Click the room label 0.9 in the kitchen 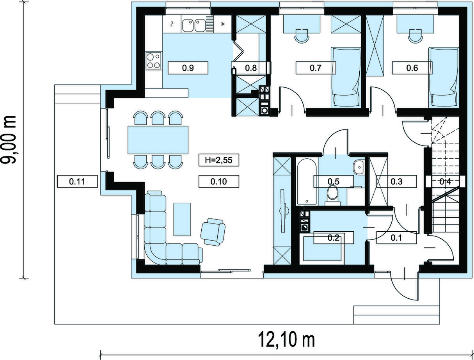tap(188, 68)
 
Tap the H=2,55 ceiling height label tap(219, 160)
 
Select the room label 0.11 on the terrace tap(77, 181)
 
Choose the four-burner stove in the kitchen tap(154, 60)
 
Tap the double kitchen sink tap(194, 25)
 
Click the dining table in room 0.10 tap(158, 140)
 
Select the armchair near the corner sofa tap(213, 232)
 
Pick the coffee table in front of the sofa tap(182, 219)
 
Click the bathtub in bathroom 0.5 tap(307, 182)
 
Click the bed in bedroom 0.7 tap(346, 77)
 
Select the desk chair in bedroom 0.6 tap(415, 36)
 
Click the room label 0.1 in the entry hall tap(396, 238)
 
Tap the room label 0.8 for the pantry tap(251, 68)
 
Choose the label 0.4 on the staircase tap(445, 181)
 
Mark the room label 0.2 tap(334, 238)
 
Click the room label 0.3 tap(396, 181)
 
